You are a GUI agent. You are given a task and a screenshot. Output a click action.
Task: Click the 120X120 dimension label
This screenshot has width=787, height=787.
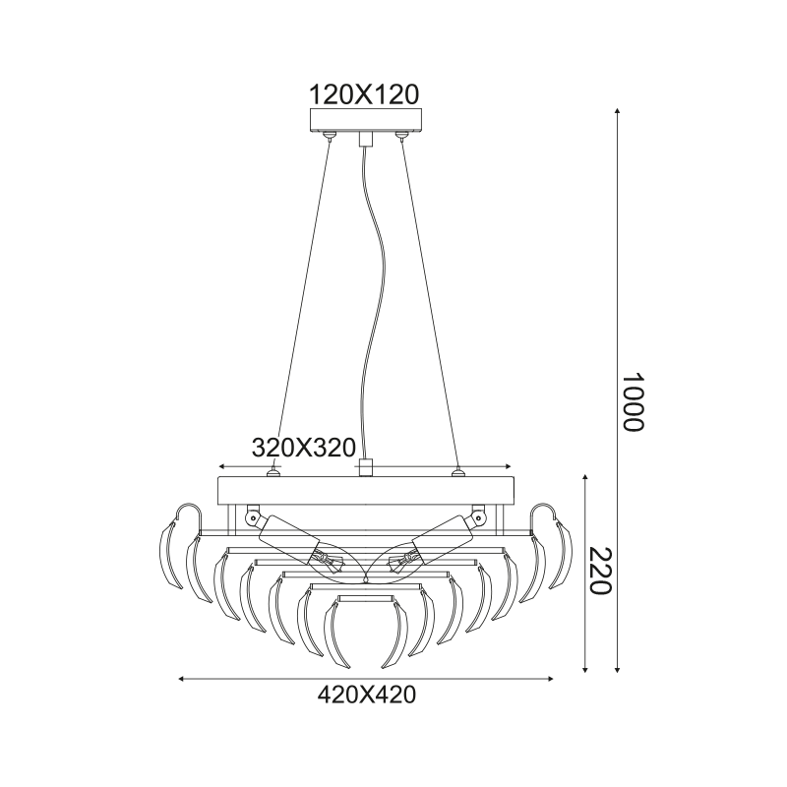364,94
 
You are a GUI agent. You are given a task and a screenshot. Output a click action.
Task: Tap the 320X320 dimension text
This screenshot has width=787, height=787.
304,448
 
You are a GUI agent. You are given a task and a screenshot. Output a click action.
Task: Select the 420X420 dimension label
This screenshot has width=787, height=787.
366,696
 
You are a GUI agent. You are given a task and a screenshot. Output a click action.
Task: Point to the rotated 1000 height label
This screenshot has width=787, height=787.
632,402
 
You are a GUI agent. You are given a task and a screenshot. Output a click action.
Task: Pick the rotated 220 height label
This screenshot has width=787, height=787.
599,572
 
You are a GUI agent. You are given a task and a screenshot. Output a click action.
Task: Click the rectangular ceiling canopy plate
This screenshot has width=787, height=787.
366,120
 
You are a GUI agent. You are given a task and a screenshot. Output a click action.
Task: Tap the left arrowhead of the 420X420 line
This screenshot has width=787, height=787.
182,679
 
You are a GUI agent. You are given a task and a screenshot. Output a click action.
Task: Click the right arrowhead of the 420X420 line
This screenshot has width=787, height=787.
550,679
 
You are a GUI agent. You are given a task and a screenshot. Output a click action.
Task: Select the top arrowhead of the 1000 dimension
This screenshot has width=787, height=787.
618,112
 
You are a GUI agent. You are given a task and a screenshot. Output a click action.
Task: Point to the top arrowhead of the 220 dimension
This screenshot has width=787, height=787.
584,477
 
